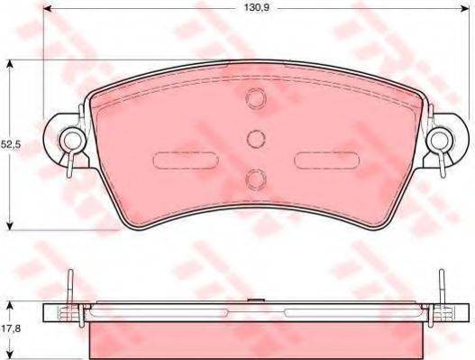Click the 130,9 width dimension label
click(x=257, y=7)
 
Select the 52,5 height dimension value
click(x=10, y=144)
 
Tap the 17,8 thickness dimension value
click(x=10, y=328)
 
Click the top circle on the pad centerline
click(x=256, y=98)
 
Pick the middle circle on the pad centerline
click(x=256, y=139)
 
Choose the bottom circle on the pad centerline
click(x=256, y=180)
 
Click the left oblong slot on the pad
click(x=186, y=160)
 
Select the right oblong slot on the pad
click(x=327, y=160)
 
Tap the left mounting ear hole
click(x=73, y=140)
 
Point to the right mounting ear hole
click(x=440, y=140)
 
